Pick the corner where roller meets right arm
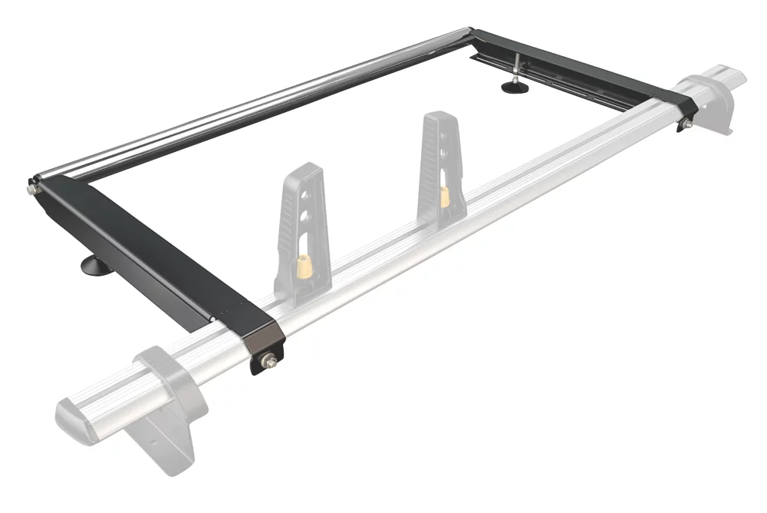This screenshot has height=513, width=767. (474, 33)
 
